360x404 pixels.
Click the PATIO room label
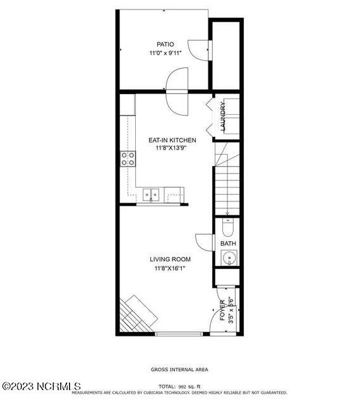tap(165, 44)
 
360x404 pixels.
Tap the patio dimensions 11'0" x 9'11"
tap(165, 54)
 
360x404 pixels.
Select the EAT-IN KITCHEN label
tap(172, 140)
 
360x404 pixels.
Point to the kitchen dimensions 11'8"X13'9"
tap(172, 148)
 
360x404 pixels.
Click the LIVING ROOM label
tap(170, 259)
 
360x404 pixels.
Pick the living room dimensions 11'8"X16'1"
tap(170, 268)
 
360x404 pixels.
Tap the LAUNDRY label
tap(223, 116)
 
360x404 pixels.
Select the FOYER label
tap(222, 311)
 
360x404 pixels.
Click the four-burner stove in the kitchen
tap(128, 158)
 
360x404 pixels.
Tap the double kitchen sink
tap(151, 195)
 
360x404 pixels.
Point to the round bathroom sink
tap(229, 258)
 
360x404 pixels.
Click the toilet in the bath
tap(228, 227)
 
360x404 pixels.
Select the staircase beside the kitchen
tap(227, 183)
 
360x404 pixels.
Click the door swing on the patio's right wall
tap(200, 50)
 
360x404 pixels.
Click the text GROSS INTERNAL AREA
tap(179, 369)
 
